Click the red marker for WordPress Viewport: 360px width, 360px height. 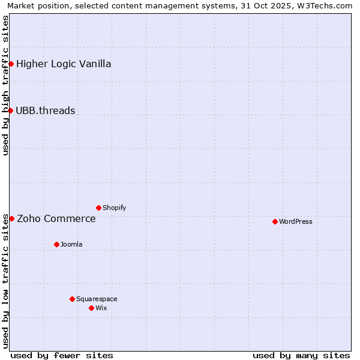[275, 221]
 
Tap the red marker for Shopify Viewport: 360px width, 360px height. [98, 208]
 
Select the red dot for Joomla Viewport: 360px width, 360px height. [56, 244]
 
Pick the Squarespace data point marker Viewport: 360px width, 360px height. [72, 299]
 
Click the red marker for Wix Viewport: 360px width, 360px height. [91, 308]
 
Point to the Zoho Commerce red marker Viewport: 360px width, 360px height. [11, 218]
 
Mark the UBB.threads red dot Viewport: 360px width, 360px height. [10, 110]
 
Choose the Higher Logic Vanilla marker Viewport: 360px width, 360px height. [11, 64]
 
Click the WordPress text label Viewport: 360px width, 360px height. [296, 221]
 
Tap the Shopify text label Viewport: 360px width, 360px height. [114, 208]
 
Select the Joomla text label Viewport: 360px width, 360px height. [71, 244]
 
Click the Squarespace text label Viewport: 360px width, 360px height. [97, 299]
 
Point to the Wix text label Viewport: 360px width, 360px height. [101, 308]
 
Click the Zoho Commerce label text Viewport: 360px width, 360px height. [56, 218]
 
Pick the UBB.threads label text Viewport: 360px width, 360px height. [46, 110]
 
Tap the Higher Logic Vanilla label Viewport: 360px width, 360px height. [64, 64]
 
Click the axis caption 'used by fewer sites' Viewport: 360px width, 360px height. [62, 355]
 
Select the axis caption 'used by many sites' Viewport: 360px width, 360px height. [301, 355]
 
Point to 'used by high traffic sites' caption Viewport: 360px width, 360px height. [5, 85]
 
